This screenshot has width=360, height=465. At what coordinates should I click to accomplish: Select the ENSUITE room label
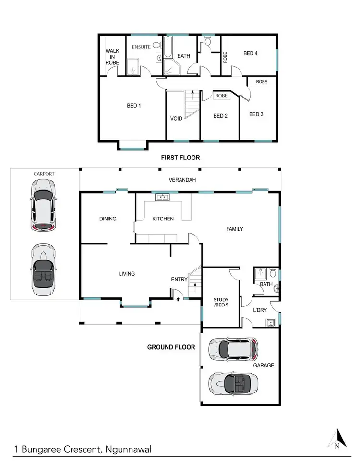click(142, 47)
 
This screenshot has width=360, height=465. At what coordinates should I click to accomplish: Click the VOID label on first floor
click(176, 118)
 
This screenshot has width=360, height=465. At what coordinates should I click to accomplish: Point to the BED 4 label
click(251, 53)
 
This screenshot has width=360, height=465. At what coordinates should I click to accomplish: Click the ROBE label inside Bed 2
click(221, 96)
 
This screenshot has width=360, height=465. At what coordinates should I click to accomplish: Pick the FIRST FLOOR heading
click(180, 158)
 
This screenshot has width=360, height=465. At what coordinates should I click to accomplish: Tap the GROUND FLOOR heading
click(171, 347)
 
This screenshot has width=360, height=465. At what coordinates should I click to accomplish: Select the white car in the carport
click(42, 205)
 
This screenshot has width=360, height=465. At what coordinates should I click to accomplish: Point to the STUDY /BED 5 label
click(220, 303)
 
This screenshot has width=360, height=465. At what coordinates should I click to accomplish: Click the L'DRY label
click(260, 310)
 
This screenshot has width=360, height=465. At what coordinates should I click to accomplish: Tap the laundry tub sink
click(271, 322)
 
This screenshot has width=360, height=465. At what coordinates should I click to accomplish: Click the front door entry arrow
click(179, 299)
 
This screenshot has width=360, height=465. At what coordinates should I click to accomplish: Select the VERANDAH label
click(180, 180)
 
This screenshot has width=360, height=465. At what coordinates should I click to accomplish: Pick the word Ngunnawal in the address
click(129, 450)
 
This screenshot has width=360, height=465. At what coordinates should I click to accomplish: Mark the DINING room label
click(108, 219)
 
